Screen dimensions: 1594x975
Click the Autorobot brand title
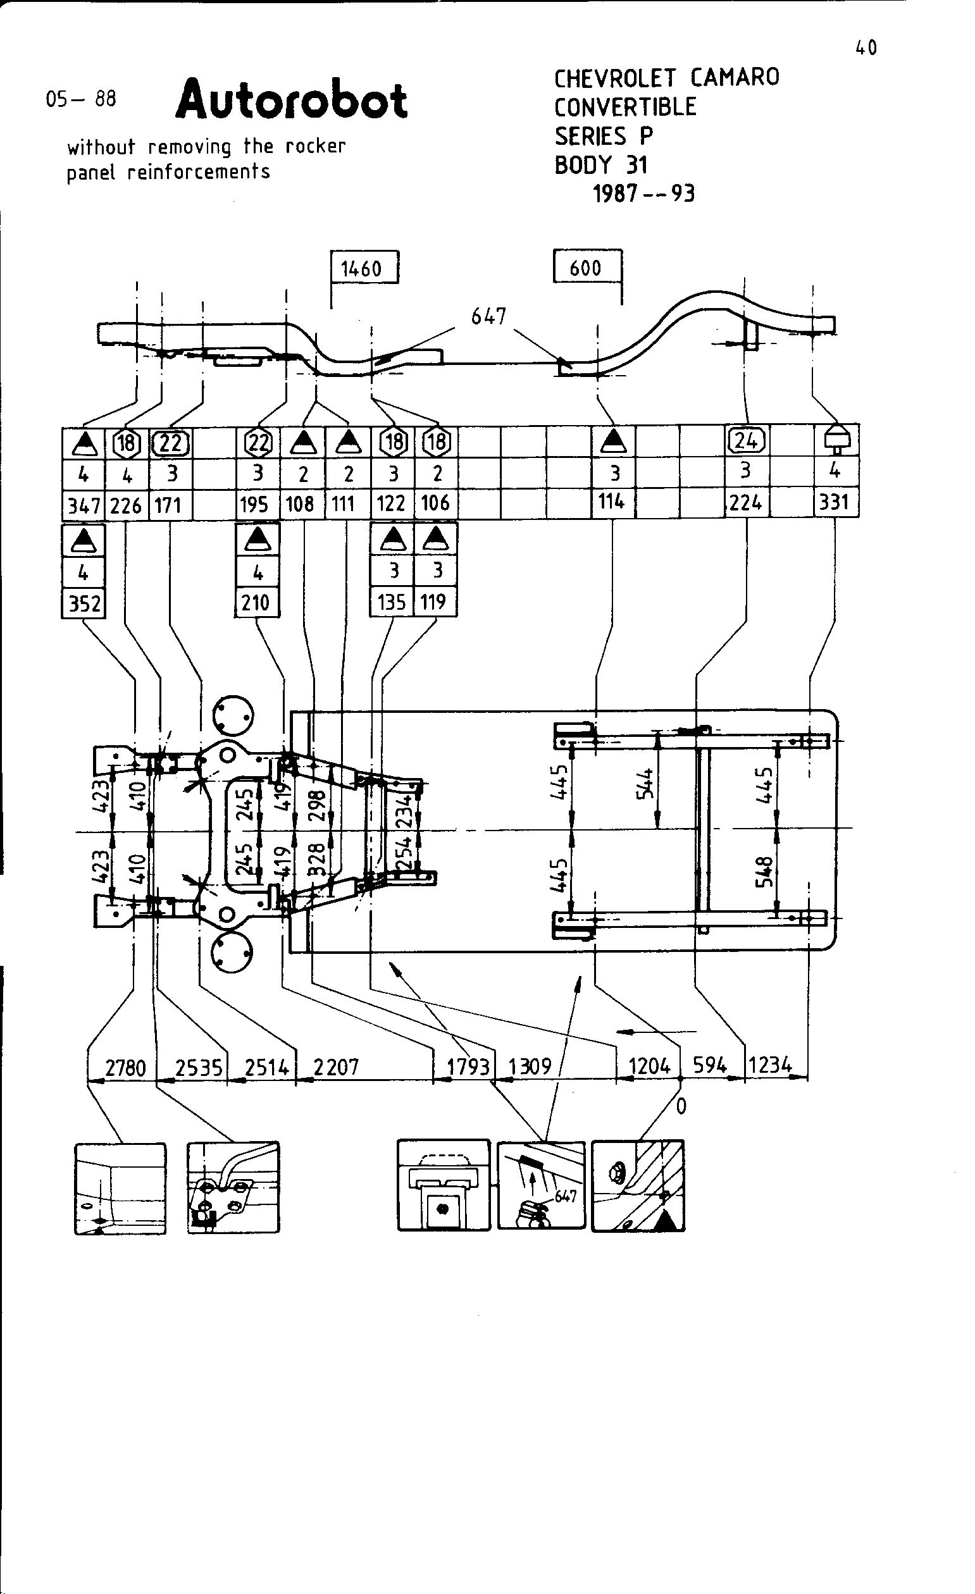coord(291,101)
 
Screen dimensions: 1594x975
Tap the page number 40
coord(866,48)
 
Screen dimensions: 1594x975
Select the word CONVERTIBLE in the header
coord(625,107)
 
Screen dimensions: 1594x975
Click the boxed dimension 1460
coord(362,268)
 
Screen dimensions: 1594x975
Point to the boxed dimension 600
coord(585,267)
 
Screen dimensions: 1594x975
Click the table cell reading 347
coord(84,505)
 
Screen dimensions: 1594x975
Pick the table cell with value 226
coord(126,505)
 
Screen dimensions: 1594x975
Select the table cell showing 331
coord(834,502)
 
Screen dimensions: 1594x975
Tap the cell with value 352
coord(84,603)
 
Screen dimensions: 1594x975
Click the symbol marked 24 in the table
coord(746,440)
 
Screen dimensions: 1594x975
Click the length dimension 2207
coord(336,1066)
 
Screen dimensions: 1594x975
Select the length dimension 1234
coord(770,1065)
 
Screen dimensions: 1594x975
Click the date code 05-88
coord(81,99)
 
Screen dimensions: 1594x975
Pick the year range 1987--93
coord(643,194)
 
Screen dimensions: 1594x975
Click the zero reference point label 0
coord(681,1107)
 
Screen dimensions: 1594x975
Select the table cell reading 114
coord(611,502)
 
